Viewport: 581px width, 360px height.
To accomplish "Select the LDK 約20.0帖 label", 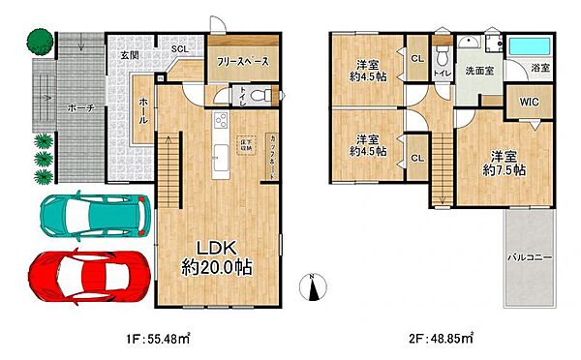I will [x=218, y=257].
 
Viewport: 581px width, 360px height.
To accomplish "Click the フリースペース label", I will [x=242, y=62].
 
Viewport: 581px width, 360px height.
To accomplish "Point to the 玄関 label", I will [x=130, y=55].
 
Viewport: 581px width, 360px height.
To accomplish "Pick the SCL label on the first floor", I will [x=180, y=48].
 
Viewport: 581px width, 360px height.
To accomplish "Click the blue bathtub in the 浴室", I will [x=529, y=45].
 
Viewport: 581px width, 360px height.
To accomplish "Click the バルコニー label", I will [x=528, y=257].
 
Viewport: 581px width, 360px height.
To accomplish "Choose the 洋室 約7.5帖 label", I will [x=505, y=163].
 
